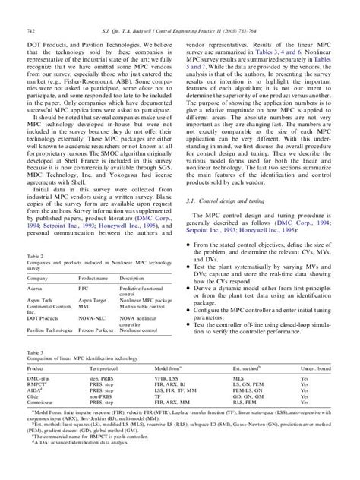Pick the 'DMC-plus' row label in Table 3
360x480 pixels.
39,377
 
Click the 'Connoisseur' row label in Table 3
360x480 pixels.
41,402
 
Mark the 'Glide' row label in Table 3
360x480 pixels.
33,396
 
